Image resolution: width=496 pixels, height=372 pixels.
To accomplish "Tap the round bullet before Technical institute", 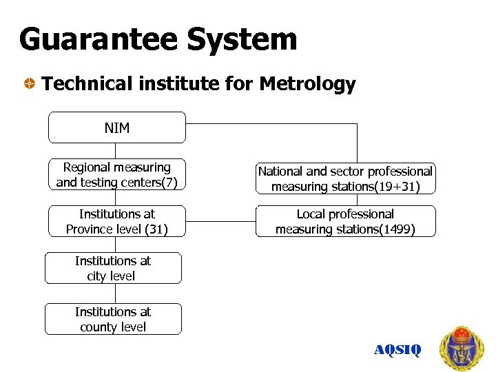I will [x=30, y=85].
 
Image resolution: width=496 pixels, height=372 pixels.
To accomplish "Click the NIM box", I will [x=117, y=127].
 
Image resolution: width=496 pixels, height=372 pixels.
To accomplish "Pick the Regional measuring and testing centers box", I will [x=117, y=174].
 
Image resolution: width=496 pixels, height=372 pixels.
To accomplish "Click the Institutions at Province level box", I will [x=117, y=221].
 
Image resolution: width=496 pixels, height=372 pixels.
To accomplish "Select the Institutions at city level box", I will [x=113, y=268].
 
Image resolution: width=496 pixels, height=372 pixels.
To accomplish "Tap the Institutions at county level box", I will [x=113, y=319].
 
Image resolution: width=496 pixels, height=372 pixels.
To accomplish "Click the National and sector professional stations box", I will [x=345, y=178].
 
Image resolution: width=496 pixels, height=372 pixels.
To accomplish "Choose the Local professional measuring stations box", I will [x=345, y=221].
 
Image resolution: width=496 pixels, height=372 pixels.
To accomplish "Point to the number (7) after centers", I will [x=169, y=183].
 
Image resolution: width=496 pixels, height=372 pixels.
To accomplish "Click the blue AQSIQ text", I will [x=397, y=350].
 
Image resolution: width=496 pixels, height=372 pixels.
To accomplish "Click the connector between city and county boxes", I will [x=115, y=293].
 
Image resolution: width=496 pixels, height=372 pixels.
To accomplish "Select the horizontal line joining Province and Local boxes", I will [x=220, y=222].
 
